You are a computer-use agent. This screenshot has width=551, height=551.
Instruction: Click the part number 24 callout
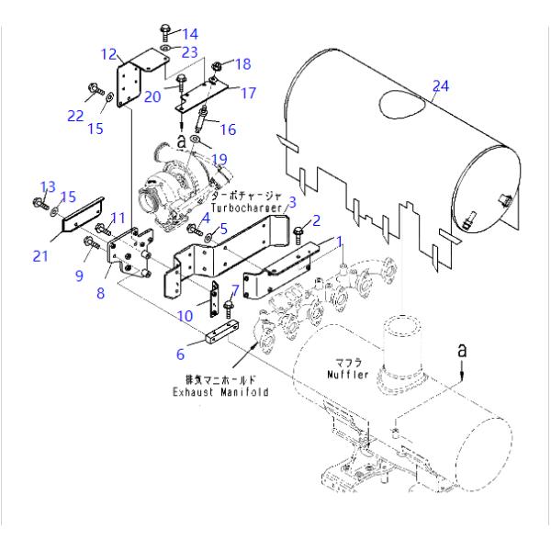point(441,86)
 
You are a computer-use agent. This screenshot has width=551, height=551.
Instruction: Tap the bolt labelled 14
point(165,33)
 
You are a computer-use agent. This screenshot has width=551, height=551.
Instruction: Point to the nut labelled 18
point(216,66)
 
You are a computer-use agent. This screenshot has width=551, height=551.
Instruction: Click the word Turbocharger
point(247,208)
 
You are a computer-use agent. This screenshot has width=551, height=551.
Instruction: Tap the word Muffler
point(348,375)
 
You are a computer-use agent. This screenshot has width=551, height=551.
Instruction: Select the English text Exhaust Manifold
point(220,392)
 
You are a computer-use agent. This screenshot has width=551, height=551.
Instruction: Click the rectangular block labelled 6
point(222,332)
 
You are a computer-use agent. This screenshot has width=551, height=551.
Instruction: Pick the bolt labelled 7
point(229,309)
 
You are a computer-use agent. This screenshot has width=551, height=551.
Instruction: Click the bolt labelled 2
point(298,234)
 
